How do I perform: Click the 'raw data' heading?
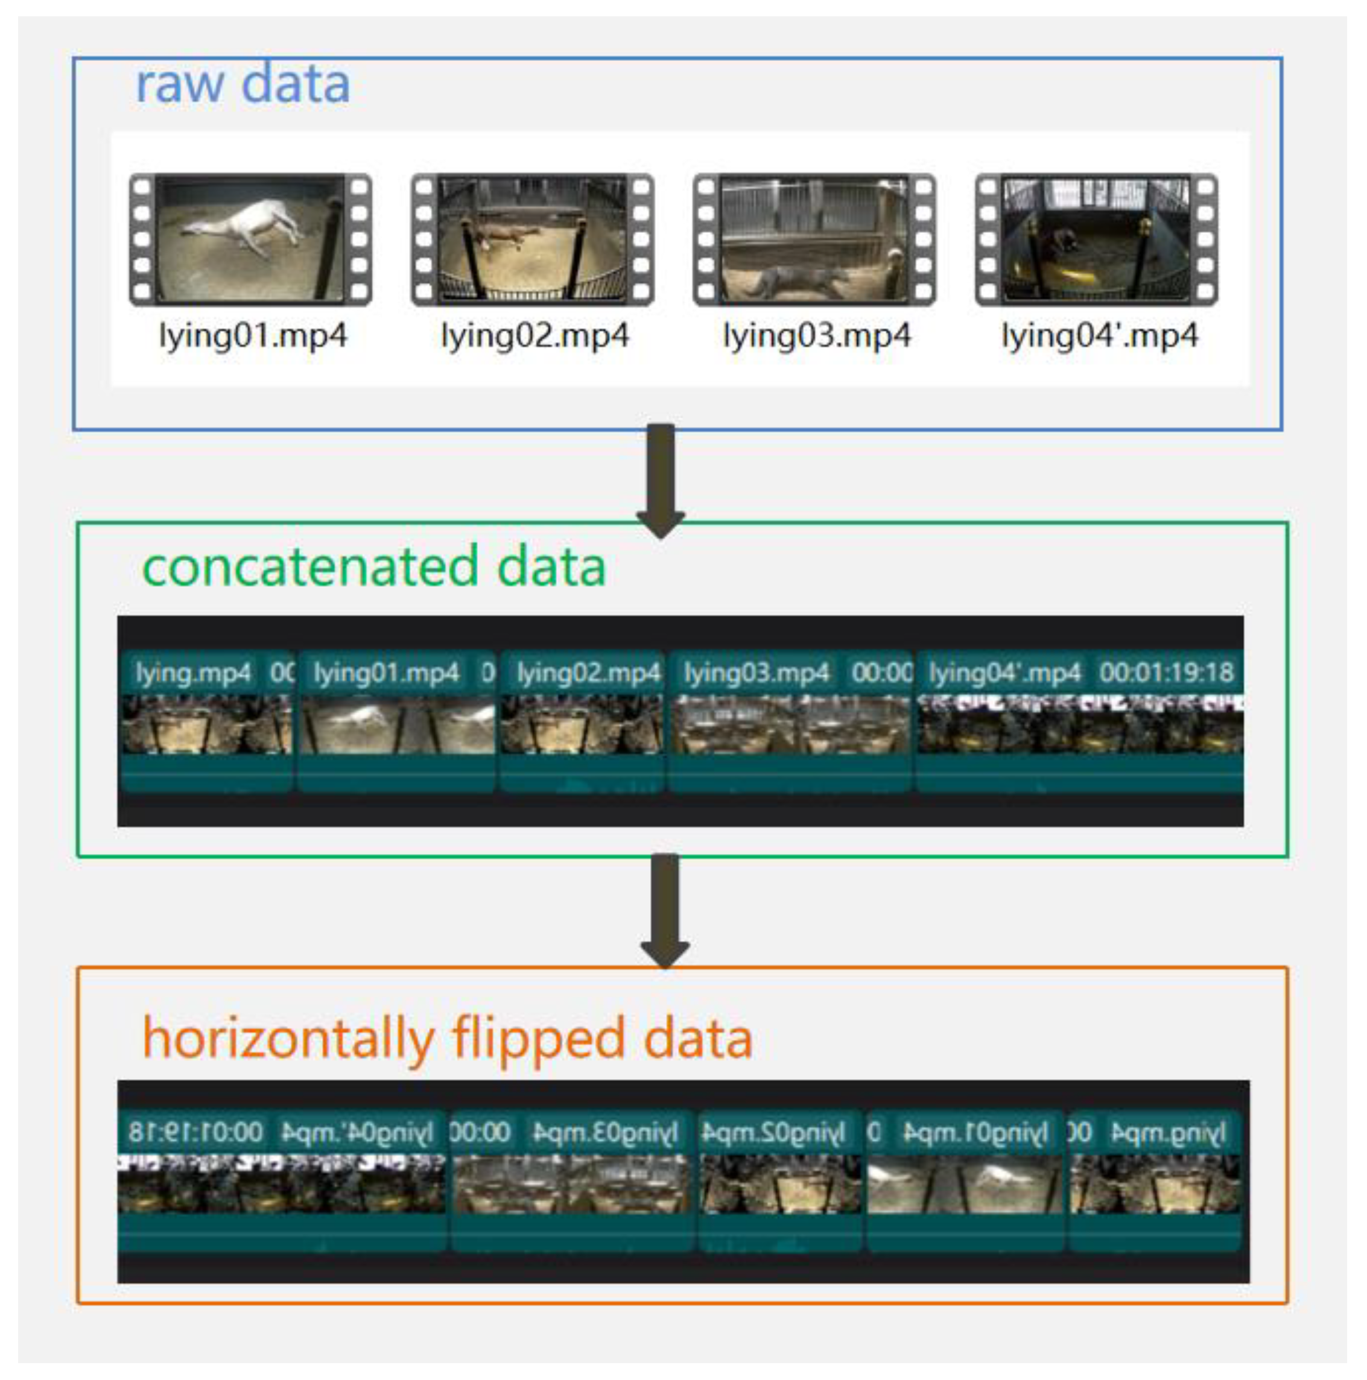[x=243, y=84]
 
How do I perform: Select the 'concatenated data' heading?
[x=374, y=566]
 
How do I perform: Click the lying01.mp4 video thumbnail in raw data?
[x=250, y=239]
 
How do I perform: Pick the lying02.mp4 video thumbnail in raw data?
[x=532, y=239]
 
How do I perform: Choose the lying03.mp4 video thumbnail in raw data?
[x=814, y=239]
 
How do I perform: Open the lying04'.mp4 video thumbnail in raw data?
[x=1096, y=239]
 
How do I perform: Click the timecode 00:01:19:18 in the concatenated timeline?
[x=1166, y=672]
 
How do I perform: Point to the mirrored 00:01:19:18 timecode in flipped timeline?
[x=196, y=1132]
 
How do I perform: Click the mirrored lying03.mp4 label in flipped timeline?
[x=604, y=1132]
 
